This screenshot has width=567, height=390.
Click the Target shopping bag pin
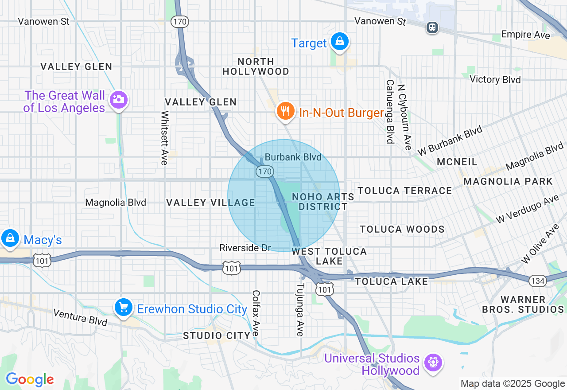339,42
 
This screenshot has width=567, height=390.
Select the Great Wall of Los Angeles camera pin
118,100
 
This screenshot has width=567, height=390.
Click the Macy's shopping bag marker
10,238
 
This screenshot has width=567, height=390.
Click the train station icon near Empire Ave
432,27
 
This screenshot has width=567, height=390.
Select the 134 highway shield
537,280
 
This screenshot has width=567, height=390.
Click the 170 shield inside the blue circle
264,171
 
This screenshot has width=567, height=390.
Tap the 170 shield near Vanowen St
181,21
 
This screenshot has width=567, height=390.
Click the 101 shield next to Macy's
42,261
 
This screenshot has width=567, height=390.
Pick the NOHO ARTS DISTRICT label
323,202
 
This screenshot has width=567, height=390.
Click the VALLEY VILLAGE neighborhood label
210,203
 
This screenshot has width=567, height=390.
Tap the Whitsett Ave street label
164,138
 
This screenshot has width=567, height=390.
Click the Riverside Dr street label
245,248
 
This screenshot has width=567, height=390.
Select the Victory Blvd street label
495,79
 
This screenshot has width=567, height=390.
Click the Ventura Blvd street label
80,317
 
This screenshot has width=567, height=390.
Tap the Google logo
30,379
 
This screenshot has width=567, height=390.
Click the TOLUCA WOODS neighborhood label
402,229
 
